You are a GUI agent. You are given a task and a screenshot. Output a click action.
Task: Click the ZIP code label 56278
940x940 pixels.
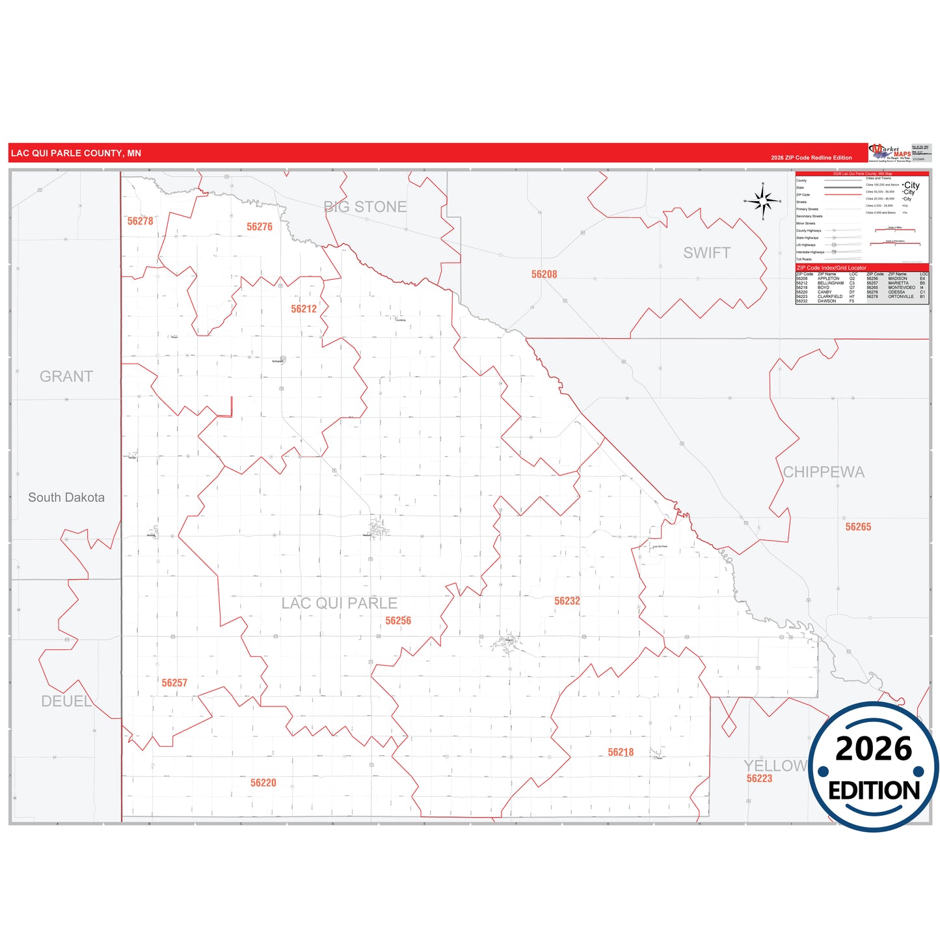click(141, 221)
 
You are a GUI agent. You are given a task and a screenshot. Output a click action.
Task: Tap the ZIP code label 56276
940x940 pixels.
click(260, 226)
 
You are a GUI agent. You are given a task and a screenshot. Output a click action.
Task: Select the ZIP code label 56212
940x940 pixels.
click(304, 309)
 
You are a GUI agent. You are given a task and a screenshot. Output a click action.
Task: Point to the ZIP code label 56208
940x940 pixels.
click(544, 275)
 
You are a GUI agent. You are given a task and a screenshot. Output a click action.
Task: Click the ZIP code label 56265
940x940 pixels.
click(858, 527)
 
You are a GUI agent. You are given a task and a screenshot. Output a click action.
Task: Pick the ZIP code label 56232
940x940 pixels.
click(567, 601)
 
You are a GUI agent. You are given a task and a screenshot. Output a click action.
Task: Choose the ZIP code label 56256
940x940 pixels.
click(398, 621)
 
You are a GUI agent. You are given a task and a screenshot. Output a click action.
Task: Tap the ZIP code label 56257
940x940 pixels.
click(174, 683)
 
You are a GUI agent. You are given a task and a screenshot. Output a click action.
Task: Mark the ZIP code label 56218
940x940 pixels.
click(621, 753)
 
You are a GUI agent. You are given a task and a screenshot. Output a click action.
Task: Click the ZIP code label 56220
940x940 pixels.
click(263, 783)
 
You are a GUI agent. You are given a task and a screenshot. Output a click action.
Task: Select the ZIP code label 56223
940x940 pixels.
click(759, 779)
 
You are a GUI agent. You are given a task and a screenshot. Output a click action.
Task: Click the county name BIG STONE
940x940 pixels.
click(366, 207)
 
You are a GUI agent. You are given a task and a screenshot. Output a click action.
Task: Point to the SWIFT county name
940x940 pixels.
click(706, 253)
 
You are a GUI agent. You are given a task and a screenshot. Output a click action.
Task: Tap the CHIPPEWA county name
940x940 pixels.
click(824, 472)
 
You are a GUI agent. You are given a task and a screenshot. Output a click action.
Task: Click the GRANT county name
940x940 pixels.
click(66, 377)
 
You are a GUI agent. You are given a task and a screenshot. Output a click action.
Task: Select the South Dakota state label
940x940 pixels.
click(66, 498)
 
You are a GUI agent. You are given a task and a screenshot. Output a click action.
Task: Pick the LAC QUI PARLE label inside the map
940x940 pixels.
click(339, 604)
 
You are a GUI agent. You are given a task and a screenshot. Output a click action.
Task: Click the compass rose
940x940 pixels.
click(763, 201)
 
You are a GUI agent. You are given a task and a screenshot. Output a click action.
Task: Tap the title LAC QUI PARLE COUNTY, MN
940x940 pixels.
click(76, 154)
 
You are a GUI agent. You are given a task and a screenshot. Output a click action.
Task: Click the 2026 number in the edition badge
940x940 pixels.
click(874, 749)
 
